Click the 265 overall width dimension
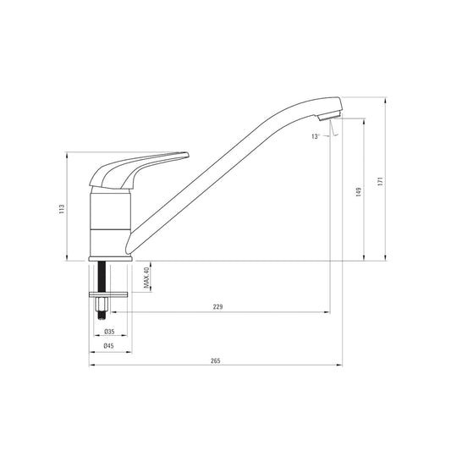(x=215, y=361)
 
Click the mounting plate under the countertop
(x=109, y=294)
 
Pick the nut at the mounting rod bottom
(x=103, y=305)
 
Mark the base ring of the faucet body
(x=109, y=256)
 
